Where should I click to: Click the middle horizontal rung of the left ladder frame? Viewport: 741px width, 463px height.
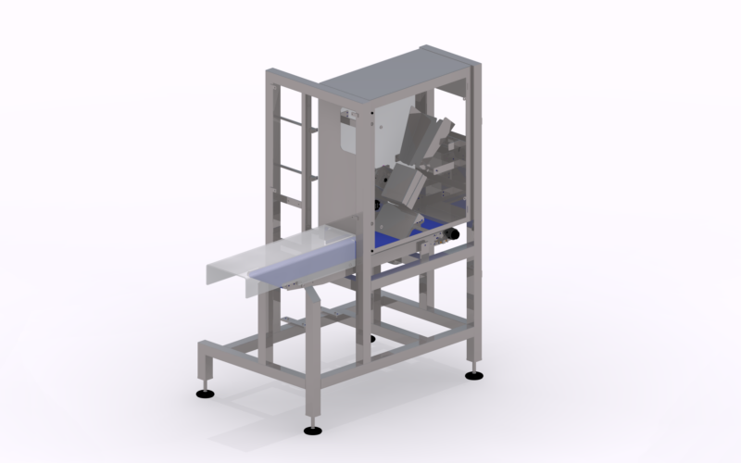point(294,169)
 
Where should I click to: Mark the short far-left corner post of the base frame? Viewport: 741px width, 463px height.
point(204,366)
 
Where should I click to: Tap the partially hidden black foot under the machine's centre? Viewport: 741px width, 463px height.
point(373,339)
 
